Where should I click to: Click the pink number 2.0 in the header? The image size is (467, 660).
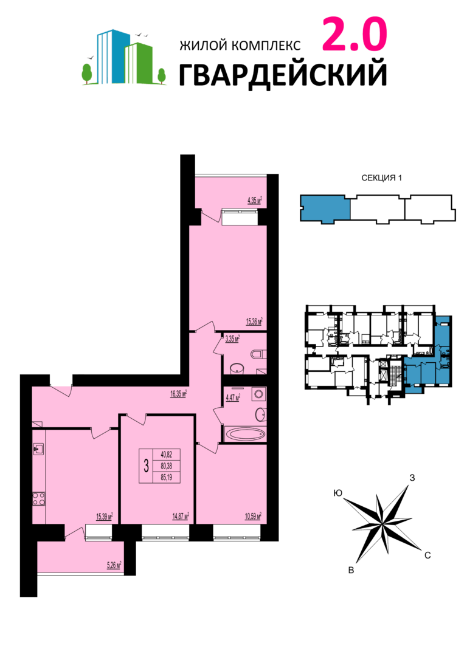(354, 33)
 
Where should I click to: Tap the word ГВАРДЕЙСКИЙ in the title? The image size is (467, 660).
(283, 75)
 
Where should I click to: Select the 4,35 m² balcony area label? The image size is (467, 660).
(254, 200)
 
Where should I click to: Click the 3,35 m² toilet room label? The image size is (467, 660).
(232, 339)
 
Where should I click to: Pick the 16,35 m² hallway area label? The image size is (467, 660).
(178, 394)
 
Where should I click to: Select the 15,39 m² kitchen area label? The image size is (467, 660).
(105, 517)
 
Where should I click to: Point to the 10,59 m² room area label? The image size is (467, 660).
(254, 516)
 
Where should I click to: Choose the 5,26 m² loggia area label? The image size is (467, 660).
(114, 565)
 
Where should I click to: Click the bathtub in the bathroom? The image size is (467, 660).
(244, 433)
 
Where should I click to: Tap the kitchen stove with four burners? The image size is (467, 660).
(39, 499)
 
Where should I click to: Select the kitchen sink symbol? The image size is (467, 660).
(39, 450)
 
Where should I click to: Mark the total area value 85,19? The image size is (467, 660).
(167, 477)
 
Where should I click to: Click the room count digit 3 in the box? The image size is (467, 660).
(146, 466)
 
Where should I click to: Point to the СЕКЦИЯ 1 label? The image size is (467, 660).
(381, 178)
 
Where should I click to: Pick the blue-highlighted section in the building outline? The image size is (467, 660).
(325, 208)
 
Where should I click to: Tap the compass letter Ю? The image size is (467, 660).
(337, 493)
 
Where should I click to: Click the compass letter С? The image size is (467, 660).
(427, 555)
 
